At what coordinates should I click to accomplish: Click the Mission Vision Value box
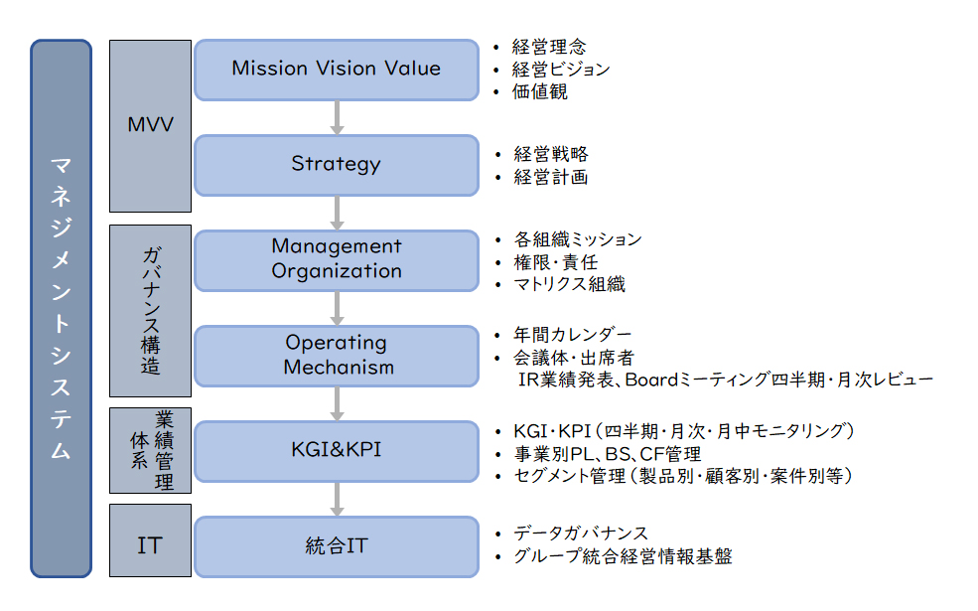(x=337, y=70)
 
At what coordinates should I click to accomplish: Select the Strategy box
(x=337, y=165)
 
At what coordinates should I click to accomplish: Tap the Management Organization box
(x=337, y=260)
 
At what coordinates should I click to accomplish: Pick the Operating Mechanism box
(x=337, y=356)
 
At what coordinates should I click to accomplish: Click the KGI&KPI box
(x=337, y=451)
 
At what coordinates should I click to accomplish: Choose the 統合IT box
(x=337, y=546)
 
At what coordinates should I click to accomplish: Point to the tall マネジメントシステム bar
(x=62, y=308)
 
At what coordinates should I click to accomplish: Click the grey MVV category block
(x=150, y=126)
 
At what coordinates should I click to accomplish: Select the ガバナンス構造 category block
(x=150, y=311)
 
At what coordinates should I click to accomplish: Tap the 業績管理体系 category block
(x=150, y=451)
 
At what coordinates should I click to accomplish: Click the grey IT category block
(x=150, y=540)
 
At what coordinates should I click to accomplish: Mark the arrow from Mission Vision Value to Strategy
(x=337, y=118)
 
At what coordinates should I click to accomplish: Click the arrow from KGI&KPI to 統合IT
(x=337, y=500)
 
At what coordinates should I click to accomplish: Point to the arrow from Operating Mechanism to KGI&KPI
(x=337, y=403)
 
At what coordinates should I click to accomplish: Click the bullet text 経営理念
(x=549, y=47)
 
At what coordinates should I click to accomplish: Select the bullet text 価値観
(x=539, y=91)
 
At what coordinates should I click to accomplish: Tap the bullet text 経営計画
(x=551, y=177)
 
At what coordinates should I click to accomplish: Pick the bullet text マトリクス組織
(x=570, y=284)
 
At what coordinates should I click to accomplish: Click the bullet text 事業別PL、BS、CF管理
(x=608, y=454)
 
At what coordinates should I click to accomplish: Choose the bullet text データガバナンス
(x=581, y=534)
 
